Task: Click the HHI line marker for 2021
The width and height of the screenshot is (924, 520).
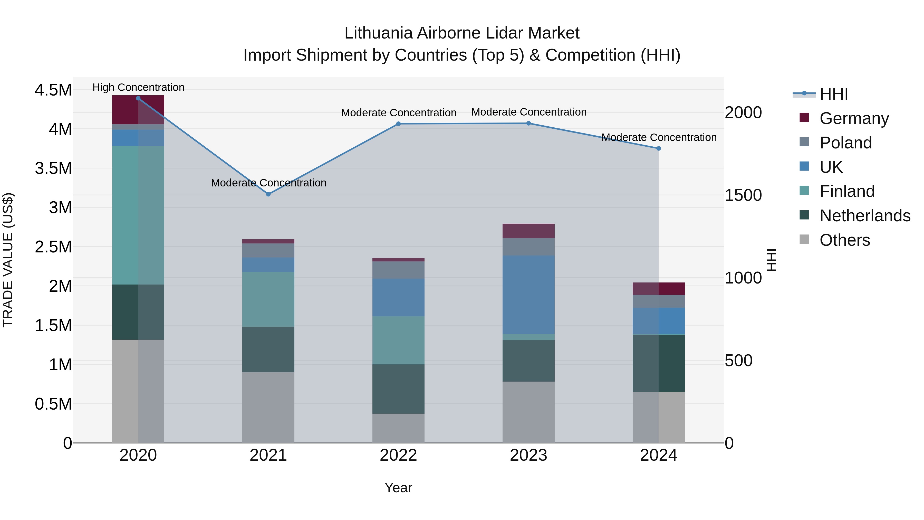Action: [268, 194]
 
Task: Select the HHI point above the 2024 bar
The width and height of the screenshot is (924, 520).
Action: [659, 148]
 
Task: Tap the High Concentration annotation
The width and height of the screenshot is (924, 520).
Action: [138, 88]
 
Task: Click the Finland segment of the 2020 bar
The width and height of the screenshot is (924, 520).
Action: [138, 215]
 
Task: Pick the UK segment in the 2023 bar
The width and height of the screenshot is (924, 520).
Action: [528, 294]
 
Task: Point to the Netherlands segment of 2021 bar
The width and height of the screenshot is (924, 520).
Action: [268, 349]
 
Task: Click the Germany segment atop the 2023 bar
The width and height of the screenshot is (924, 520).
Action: [528, 231]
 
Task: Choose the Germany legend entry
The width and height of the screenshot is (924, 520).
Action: [854, 118]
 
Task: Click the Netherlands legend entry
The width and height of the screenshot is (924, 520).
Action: [864, 216]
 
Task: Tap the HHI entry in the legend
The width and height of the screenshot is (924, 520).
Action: [834, 94]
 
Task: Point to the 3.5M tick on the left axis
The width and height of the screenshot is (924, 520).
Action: [53, 168]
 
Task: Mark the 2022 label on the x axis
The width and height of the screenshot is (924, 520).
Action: [398, 455]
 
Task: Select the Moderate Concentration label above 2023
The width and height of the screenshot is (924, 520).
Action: [529, 112]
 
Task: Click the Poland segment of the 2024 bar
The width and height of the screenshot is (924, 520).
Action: [659, 301]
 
